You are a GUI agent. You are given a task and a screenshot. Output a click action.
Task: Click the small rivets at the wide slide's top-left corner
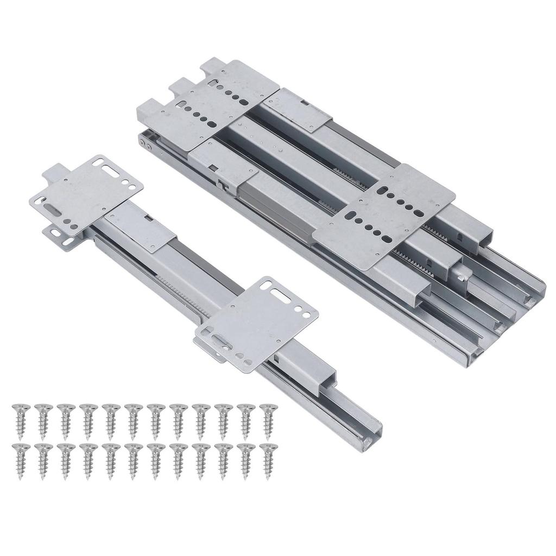click(x=143, y=142)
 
